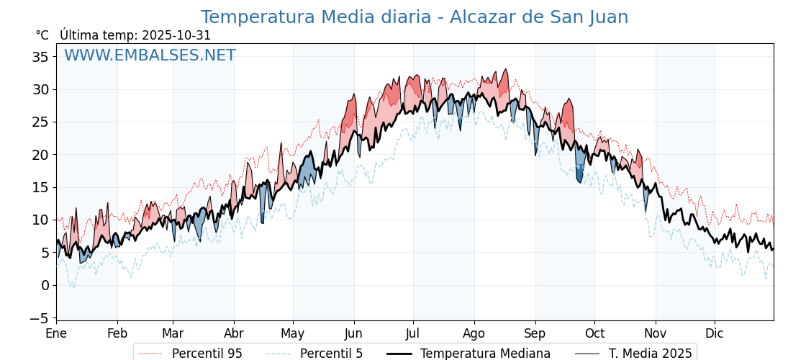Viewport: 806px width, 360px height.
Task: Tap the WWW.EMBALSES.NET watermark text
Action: [x=150, y=55]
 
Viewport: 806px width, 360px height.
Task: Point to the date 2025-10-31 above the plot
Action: [x=176, y=35]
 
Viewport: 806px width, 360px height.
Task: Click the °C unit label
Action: [x=42, y=35]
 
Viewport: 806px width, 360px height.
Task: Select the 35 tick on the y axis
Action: [x=40, y=57]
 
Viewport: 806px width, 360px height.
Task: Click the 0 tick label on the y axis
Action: [x=45, y=285]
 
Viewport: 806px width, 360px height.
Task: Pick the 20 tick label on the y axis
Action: [x=40, y=155]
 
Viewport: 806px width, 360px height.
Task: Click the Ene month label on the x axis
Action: [x=56, y=334]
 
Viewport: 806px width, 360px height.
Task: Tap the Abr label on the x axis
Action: [x=234, y=334]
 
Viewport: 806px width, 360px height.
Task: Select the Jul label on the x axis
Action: [x=413, y=334]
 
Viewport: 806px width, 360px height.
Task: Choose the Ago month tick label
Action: [x=474, y=334]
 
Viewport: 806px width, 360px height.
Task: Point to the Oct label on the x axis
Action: [x=594, y=334]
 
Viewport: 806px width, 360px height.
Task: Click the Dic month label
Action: [x=715, y=334]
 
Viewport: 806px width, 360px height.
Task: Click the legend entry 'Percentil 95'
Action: [x=207, y=354]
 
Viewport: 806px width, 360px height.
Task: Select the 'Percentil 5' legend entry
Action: [x=331, y=354]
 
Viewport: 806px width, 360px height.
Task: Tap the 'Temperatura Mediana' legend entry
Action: [x=485, y=354]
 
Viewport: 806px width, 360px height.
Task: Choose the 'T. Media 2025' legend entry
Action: [x=650, y=354]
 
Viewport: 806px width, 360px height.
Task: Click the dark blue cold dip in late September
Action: [x=579, y=174]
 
